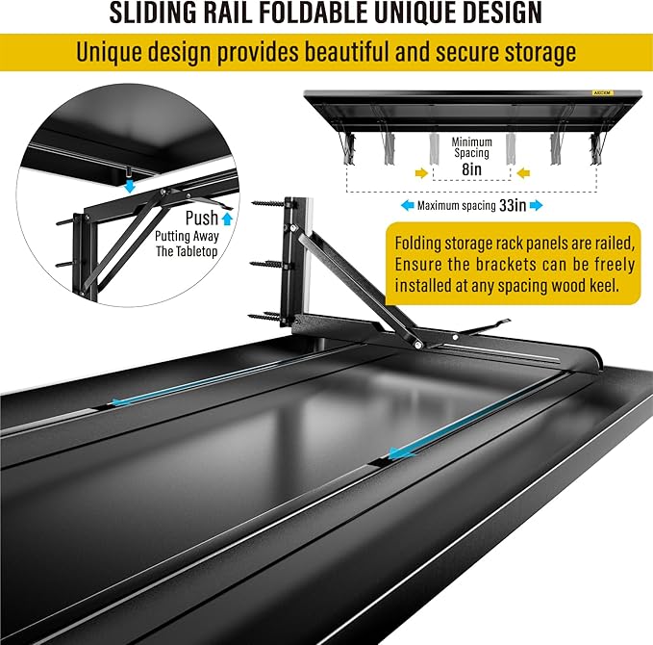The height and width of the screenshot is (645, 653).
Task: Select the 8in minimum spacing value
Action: coord(471,168)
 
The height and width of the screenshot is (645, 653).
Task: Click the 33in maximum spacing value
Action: coord(513,205)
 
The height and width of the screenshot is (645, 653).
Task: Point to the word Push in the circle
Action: coord(202,218)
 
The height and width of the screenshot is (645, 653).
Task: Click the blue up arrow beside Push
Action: coord(227,219)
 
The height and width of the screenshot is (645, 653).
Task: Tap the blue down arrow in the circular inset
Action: coord(131,186)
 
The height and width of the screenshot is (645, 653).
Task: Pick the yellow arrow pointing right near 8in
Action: coord(421,172)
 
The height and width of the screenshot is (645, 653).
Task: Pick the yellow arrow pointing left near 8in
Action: coord(523,172)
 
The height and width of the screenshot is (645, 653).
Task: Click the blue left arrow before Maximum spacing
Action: coord(407,205)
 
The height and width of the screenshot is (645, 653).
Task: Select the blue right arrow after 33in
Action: coord(537,205)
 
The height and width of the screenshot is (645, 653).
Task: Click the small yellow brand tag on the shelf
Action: coord(602,92)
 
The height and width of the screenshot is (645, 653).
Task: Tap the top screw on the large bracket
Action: coord(268,204)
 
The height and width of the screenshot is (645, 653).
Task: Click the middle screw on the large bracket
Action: coord(268,264)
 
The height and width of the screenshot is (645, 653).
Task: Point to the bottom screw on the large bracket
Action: coord(266,316)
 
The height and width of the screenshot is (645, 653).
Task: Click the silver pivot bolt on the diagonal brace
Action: coord(417,344)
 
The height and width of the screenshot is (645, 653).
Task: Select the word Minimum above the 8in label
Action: coord(471,142)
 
